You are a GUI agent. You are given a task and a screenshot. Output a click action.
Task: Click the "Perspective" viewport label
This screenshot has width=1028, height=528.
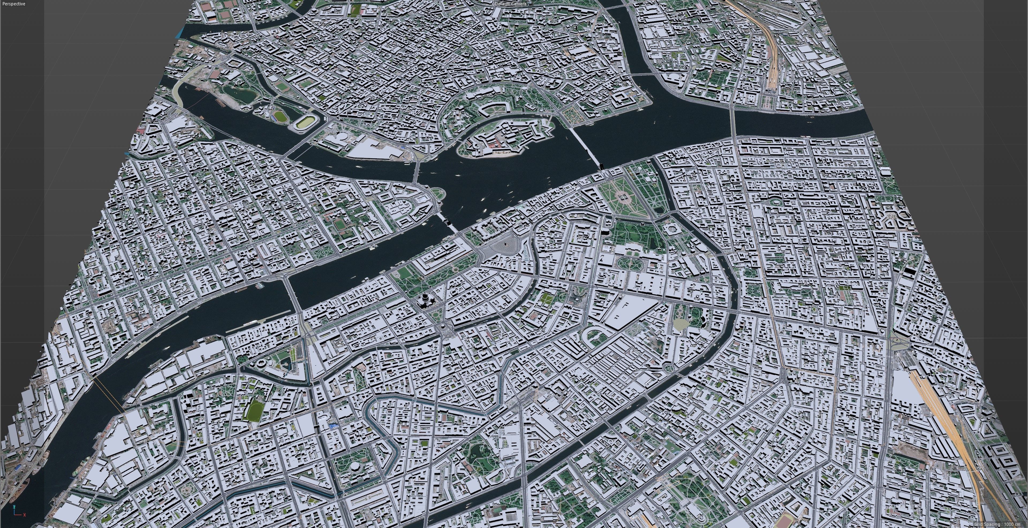(x=14, y=4)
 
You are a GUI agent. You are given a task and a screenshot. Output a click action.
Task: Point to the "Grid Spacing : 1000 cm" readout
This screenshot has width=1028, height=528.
(x=998, y=524)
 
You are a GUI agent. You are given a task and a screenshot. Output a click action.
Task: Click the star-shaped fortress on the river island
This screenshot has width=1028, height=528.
(x=505, y=137)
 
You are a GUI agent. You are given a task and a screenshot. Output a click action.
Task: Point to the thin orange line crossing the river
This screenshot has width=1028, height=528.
(x=108, y=395)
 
